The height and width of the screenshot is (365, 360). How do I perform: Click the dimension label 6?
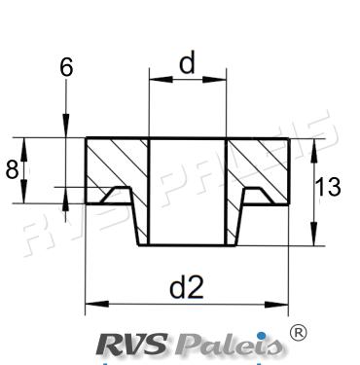click(66, 68)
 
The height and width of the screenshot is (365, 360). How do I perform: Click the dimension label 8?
click(12, 169)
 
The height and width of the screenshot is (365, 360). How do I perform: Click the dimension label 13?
click(328, 187)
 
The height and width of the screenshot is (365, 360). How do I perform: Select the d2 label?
click(187, 287)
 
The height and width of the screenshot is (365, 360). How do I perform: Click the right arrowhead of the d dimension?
click(214, 80)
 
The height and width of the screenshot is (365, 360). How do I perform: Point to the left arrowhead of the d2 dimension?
click(97, 305)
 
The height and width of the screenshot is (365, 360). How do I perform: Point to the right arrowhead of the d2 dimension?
click(276, 305)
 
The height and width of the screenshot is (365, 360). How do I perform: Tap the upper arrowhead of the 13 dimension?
click(313, 151)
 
